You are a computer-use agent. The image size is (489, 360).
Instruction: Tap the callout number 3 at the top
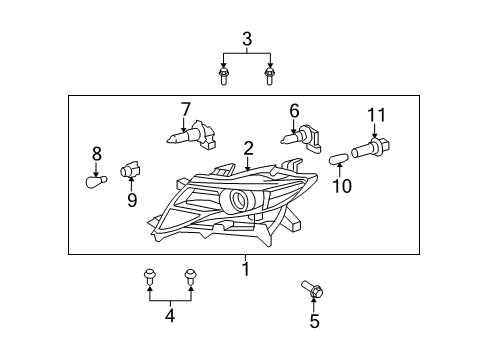pyautogui.click(x=246, y=39)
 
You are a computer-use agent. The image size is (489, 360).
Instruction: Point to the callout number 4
pyautogui.click(x=169, y=316)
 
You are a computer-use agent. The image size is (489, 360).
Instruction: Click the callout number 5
pyautogui.click(x=313, y=321)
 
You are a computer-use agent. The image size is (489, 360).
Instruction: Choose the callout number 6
pyautogui.click(x=294, y=111)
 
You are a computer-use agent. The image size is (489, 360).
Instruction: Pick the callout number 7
pyautogui.click(x=184, y=108)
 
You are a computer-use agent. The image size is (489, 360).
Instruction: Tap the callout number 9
pyautogui.click(x=131, y=198)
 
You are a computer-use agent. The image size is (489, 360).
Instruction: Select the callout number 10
pyautogui.click(x=342, y=185)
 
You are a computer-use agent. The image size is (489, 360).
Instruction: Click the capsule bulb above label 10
pyautogui.click(x=338, y=156)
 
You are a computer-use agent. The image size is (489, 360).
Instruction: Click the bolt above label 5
pyautogui.click(x=311, y=291)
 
